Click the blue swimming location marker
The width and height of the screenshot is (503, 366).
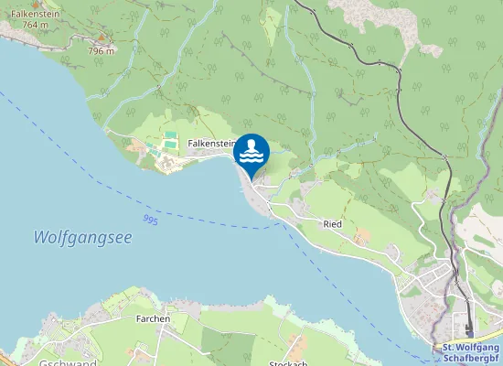(251, 152)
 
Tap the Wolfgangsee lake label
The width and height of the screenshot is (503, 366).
(82, 237)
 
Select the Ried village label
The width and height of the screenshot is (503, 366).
(332, 223)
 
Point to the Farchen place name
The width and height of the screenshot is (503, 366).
(153, 318)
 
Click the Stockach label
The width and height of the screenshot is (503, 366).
(288, 362)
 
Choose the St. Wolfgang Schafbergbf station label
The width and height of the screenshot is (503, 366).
(471, 353)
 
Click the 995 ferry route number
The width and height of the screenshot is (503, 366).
(151, 221)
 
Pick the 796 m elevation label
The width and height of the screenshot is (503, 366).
(102, 50)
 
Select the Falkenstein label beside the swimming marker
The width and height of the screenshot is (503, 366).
(212, 144)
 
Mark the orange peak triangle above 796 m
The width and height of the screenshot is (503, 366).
(102, 41)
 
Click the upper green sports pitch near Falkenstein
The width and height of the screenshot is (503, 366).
(170, 136)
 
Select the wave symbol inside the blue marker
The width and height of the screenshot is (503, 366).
(251, 158)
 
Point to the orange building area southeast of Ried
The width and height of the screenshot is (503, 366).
(363, 236)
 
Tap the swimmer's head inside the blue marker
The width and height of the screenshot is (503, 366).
(251, 143)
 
